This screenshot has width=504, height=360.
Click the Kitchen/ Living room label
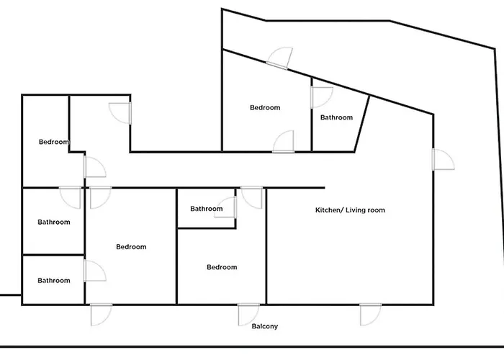point(350,211)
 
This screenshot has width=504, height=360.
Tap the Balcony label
point(265,327)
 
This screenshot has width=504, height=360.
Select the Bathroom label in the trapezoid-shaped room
point(336,117)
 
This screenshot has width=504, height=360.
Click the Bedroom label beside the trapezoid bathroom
point(265,108)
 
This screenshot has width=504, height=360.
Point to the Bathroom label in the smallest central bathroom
point(207,210)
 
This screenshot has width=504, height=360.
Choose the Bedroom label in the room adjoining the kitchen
point(222,268)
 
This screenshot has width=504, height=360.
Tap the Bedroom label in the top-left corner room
point(54,142)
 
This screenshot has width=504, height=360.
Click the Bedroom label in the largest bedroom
point(131,247)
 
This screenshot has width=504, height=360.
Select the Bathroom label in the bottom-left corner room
point(54,281)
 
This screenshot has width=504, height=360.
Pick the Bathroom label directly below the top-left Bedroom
point(54,222)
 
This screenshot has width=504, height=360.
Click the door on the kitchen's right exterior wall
point(442,160)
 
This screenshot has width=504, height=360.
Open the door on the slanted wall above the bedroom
point(280,58)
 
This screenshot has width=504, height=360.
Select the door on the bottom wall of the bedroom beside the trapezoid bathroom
point(284,142)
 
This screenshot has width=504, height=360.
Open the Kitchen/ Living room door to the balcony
point(370,314)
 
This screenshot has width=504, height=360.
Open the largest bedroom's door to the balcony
point(100,315)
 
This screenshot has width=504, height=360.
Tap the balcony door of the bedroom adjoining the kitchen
point(248,315)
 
